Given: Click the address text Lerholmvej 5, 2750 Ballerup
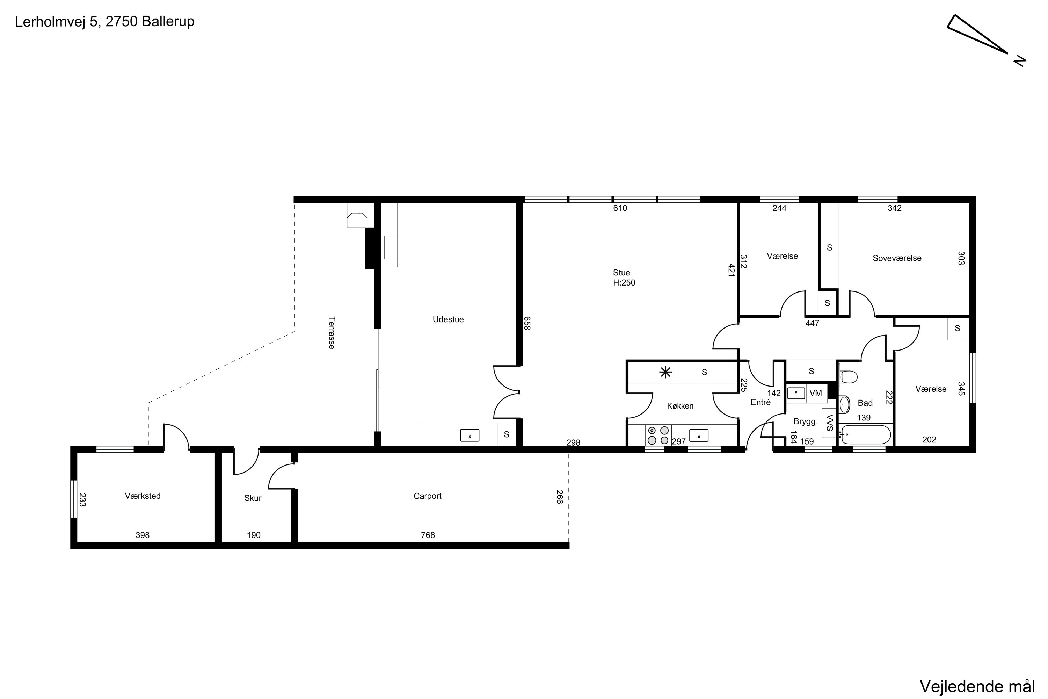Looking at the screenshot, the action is pos(105,22).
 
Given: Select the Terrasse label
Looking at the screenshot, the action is pos(332,333).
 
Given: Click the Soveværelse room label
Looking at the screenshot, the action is pos(897,259).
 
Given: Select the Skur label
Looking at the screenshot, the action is pos(253,498).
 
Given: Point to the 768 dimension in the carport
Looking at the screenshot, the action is pos(428,535).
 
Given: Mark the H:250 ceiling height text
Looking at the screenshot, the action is pos(624,283).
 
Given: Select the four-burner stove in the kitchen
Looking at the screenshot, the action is pos(658,435).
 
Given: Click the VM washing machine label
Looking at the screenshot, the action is pos(815,393).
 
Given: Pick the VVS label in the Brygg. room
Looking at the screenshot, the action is pos(830,423).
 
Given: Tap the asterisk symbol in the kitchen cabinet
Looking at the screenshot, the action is pos(666,372).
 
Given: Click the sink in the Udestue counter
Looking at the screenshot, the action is pos(470,435).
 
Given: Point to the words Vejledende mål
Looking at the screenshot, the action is pos(977,686).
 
